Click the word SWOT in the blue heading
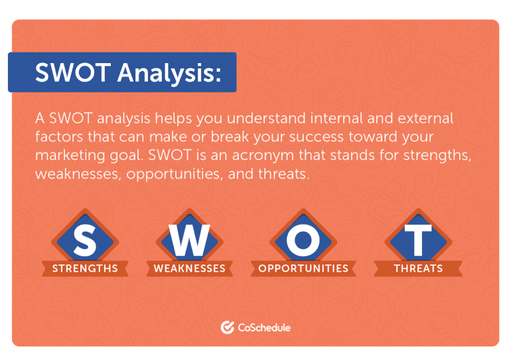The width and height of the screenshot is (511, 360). pyautogui.click(x=73, y=72)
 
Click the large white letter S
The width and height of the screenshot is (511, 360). pyautogui.click(x=85, y=240)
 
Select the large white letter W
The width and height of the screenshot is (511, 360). pyautogui.click(x=189, y=240)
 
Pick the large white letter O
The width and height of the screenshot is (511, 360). pyautogui.click(x=303, y=240)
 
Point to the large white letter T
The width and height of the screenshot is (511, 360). pyautogui.click(x=418, y=240)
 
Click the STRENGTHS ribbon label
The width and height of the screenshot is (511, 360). pyautogui.click(x=85, y=268)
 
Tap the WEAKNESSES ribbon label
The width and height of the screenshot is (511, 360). pyautogui.click(x=190, y=268)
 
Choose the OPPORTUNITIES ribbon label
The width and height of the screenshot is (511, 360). pyautogui.click(x=303, y=268)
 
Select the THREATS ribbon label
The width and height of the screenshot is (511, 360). pyautogui.click(x=419, y=268)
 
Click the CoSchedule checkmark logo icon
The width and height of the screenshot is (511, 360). pyautogui.click(x=228, y=327)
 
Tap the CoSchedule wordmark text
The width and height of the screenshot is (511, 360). pyautogui.click(x=264, y=327)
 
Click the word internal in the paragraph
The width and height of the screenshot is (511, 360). pyautogui.click(x=336, y=118)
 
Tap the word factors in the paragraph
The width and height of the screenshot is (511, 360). pyautogui.click(x=59, y=137)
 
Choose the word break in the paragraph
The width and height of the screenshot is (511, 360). pyautogui.click(x=230, y=137)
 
